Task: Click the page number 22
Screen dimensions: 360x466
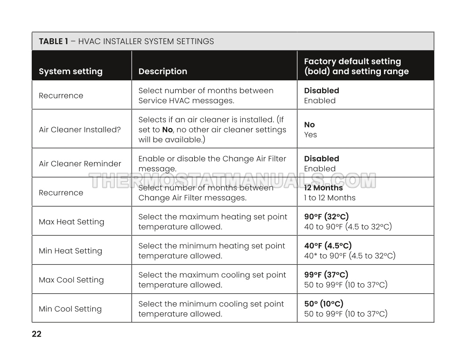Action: point(37,334)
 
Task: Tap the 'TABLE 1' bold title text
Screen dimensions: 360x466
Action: point(53,41)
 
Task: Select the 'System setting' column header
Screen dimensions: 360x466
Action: point(71,71)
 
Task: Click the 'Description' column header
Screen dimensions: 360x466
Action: point(163,71)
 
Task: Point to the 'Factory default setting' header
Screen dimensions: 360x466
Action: point(352,61)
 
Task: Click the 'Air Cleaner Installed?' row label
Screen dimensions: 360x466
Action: point(79,130)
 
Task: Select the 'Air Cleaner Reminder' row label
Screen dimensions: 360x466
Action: point(80,164)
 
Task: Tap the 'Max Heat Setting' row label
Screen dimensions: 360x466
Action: point(71,222)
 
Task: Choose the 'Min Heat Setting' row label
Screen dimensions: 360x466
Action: point(70,251)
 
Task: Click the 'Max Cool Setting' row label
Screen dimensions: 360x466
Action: point(71,280)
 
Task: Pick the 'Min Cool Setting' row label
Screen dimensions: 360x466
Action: point(70,309)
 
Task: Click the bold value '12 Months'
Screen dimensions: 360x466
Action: point(323,188)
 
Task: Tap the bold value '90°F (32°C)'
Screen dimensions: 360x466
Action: point(326,217)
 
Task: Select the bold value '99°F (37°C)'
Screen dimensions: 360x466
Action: point(326,275)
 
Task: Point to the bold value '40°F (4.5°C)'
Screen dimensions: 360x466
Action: point(328,246)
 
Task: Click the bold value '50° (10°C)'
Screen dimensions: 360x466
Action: point(323,304)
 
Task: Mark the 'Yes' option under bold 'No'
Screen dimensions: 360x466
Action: point(310,135)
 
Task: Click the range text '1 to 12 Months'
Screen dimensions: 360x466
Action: point(330,198)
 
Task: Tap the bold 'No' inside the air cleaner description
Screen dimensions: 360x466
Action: point(167,130)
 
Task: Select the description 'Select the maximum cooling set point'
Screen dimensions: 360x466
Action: point(212,275)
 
